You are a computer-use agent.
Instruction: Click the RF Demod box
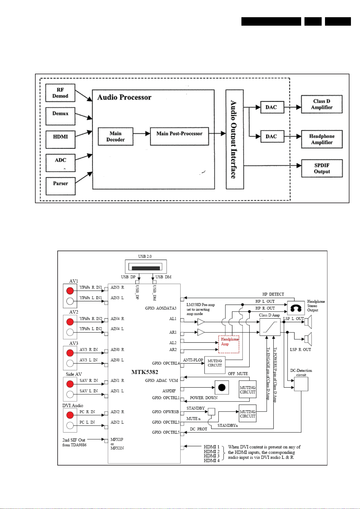60,93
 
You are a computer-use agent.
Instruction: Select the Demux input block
60,116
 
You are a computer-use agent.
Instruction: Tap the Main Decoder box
115,136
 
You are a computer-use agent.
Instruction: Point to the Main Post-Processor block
179,136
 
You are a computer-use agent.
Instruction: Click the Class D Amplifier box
322,104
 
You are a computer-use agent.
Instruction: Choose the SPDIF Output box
322,168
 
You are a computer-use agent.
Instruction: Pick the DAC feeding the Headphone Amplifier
272,136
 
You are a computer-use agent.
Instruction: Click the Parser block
60,186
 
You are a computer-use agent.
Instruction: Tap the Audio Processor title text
124,97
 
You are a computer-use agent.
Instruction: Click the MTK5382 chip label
145,372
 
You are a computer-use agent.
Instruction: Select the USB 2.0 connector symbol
146,267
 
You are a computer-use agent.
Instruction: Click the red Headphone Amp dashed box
229,344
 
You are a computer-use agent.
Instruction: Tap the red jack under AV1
70,290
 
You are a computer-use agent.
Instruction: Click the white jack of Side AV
70,394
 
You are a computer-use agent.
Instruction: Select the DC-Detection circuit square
301,384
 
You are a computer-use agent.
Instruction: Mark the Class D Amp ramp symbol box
270,327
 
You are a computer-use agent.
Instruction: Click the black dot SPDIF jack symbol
222,387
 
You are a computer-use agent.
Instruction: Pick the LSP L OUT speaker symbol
308,322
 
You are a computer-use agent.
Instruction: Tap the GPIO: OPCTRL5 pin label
166,432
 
